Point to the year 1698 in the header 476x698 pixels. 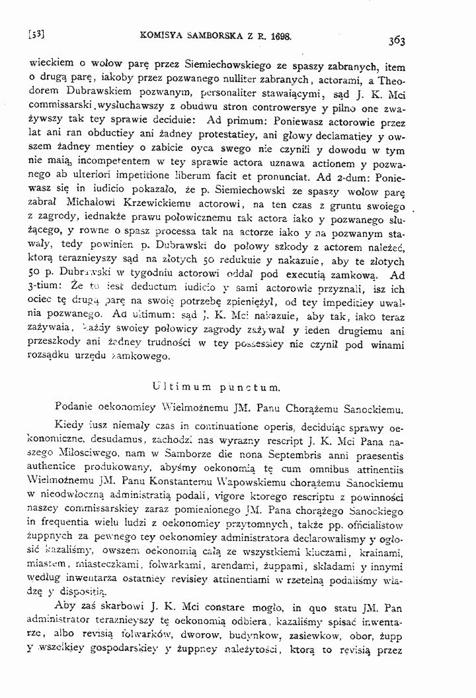click(x=278, y=32)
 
